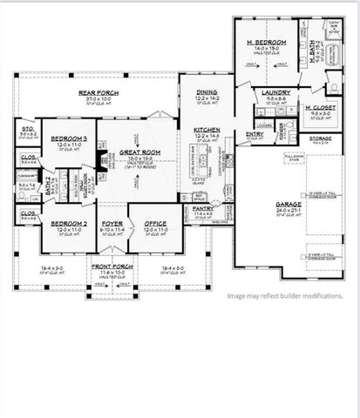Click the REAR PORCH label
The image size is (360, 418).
point(98,92)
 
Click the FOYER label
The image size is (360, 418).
point(112,223)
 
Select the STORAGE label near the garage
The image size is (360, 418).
point(321,137)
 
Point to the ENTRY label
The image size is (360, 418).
point(255,134)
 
